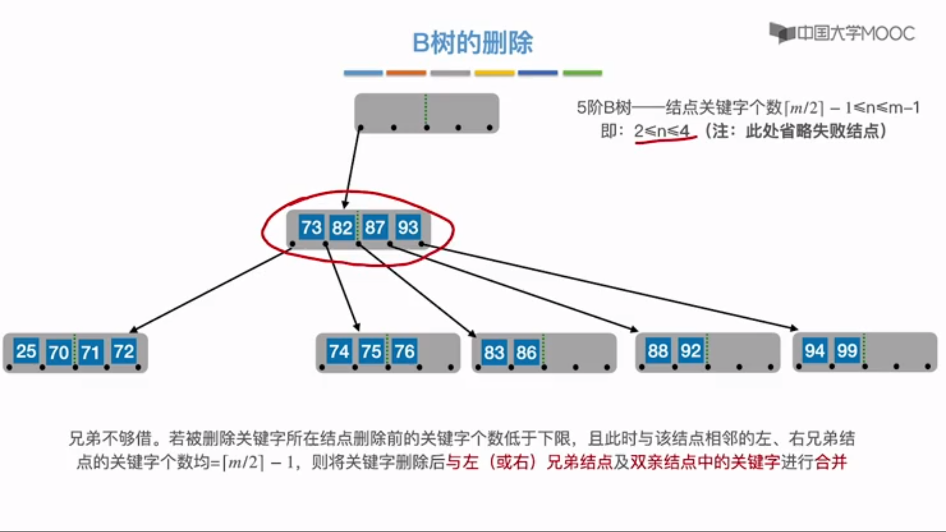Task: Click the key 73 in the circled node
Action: point(311,228)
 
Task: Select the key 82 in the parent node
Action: point(342,228)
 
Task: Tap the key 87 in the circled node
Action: point(375,228)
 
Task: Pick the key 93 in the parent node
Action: point(408,228)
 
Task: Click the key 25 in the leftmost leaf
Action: point(26,351)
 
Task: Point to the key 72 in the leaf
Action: point(124,351)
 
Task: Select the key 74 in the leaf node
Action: point(339,351)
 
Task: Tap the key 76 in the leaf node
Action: point(405,351)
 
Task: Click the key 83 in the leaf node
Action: point(494,352)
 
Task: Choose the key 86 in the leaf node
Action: point(526,352)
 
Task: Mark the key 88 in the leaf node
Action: point(658,351)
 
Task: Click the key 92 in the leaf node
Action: point(690,351)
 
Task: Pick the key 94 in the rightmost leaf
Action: point(814,351)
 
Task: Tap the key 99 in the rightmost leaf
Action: point(847,351)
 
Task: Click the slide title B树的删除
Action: point(473,43)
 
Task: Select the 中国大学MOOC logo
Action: point(842,33)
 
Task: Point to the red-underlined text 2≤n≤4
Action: point(662,131)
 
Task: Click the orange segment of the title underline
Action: point(406,73)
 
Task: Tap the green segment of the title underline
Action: point(582,73)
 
